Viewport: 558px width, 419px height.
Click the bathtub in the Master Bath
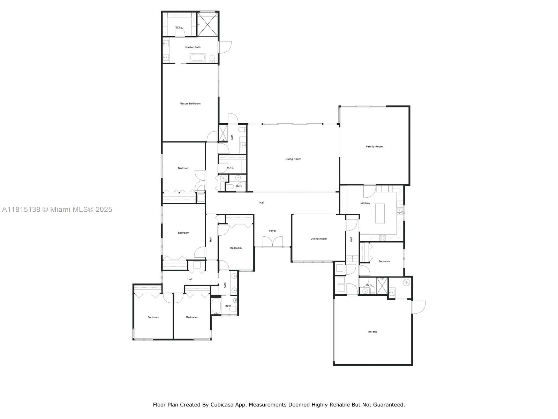(198, 58)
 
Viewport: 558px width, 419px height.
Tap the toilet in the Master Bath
(212, 58)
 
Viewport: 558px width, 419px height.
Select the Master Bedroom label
(190, 104)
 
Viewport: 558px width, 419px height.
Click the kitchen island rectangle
(380, 213)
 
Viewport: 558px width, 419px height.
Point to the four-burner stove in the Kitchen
(383, 237)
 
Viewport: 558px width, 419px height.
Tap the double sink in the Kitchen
(399, 211)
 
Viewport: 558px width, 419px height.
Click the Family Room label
(374, 147)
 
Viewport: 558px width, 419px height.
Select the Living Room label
(293, 159)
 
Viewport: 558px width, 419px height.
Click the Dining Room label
(318, 239)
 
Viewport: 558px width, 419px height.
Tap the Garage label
(372, 332)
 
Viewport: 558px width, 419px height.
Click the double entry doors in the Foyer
(272, 242)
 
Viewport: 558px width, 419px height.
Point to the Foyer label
(272, 231)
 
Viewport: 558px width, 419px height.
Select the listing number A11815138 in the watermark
(21, 209)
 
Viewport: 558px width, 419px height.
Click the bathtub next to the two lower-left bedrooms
(216, 307)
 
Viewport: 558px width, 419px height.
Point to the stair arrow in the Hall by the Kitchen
(352, 258)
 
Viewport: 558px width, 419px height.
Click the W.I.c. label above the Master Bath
(179, 28)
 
